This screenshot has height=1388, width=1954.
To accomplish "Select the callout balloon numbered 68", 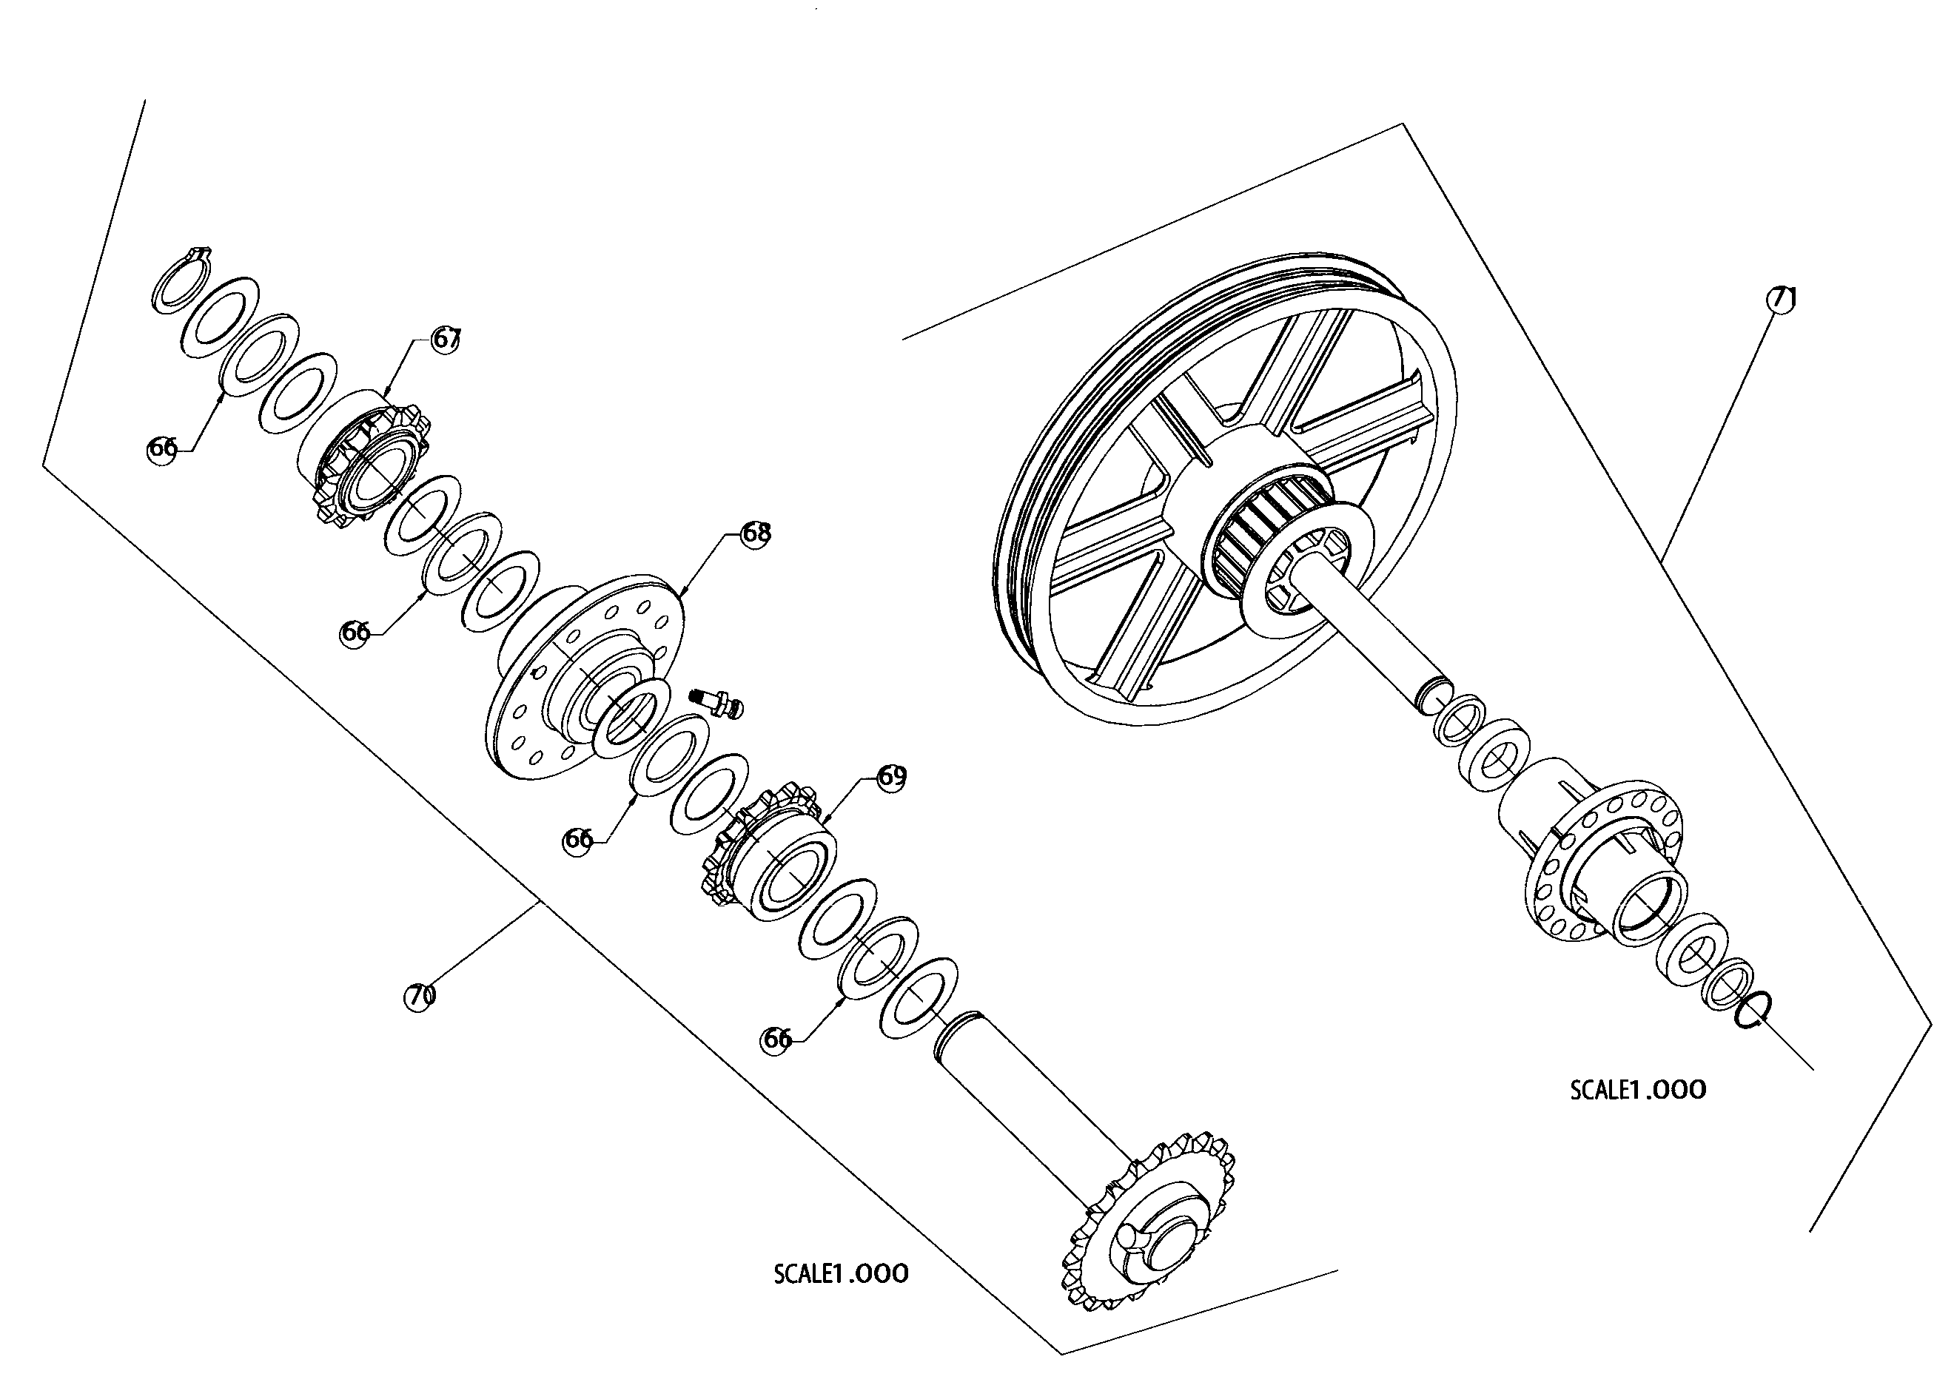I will (756, 533).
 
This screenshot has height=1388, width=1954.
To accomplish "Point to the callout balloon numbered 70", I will (419, 997).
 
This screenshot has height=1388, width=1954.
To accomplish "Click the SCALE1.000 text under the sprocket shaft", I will (840, 1274).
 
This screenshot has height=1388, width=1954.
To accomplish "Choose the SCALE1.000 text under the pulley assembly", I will (1637, 1090).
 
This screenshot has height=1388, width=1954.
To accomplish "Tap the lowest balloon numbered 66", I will (776, 1040).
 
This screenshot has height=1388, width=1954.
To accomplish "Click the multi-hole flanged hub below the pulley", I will (1599, 863).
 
